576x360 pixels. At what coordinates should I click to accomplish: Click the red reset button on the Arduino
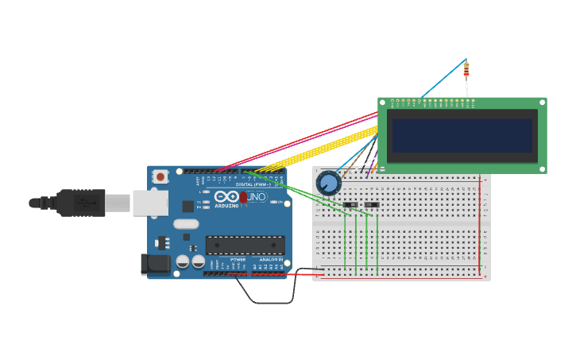pos(160,176)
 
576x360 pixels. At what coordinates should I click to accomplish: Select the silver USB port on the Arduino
pos(149,203)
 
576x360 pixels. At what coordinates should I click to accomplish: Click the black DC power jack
pos(155,264)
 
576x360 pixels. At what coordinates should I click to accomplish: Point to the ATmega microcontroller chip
pos(245,245)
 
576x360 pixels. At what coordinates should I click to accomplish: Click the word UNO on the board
pos(257,196)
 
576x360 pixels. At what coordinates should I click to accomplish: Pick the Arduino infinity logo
pos(226,196)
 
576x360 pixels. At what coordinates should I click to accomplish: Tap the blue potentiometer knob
pos(328,184)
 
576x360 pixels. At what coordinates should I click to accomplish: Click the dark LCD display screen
pos(462,135)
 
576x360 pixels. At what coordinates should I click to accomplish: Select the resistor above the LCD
pos(466,68)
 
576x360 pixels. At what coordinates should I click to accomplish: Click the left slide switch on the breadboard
pos(350,205)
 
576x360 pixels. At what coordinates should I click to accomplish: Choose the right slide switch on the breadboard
pos(371,205)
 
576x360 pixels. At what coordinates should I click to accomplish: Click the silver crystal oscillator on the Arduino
pos(186,224)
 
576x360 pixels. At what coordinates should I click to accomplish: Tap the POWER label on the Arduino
pos(238,260)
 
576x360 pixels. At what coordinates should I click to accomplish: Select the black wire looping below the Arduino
pos(266,302)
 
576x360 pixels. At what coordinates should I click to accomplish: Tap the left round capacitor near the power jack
pos(183,261)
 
